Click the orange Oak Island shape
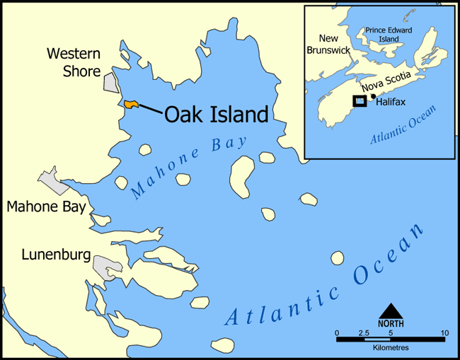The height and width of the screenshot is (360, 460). click(x=130, y=105)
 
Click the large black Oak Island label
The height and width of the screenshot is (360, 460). click(x=217, y=115)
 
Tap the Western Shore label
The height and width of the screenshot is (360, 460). click(x=74, y=62)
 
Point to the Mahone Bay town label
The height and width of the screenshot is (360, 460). click(x=46, y=207)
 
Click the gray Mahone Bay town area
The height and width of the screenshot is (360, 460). click(x=54, y=182)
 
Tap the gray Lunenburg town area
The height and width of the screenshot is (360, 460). click(x=108, y=268)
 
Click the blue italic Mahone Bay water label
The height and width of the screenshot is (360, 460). click(x=189, y=167)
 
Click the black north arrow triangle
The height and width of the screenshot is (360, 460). click(x=391, y=311)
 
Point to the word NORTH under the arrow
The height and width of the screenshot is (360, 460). click(x=391, y=324)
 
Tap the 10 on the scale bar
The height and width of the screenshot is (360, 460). click(x=444, y=332)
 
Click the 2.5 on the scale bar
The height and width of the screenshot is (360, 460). click(x=364, y=332)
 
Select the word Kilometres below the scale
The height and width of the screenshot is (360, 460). click(x=391, y=348)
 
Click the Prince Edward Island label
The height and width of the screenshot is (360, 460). click(x=394, y=35)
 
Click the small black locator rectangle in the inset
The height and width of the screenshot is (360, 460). click(x=360, y=100)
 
